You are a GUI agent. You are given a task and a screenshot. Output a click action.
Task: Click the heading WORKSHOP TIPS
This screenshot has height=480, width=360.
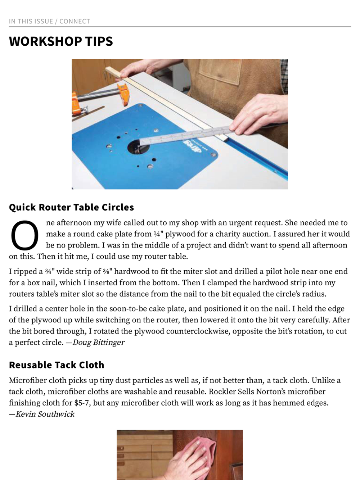(x=61, y=41)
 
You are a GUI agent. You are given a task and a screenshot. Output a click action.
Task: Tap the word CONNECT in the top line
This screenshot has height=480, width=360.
(x=75, y=21)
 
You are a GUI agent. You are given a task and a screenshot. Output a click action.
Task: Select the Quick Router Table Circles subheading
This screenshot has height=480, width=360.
(x=71, y=207)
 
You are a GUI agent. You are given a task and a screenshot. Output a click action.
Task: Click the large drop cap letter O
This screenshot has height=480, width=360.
(x=24, y=236)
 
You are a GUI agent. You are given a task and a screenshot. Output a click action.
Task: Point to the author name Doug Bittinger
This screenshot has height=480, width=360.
(x=98, y=342)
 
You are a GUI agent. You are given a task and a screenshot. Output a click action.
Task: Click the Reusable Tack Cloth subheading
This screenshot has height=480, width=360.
(x=57, y=365)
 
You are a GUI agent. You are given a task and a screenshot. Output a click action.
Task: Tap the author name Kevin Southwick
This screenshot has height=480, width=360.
(x=45, y=414)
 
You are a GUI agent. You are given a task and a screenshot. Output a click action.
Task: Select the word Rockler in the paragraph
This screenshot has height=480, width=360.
(x=222, y=391)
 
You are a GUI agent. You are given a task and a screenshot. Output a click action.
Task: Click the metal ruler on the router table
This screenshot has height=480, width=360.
(x=184, y=135)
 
